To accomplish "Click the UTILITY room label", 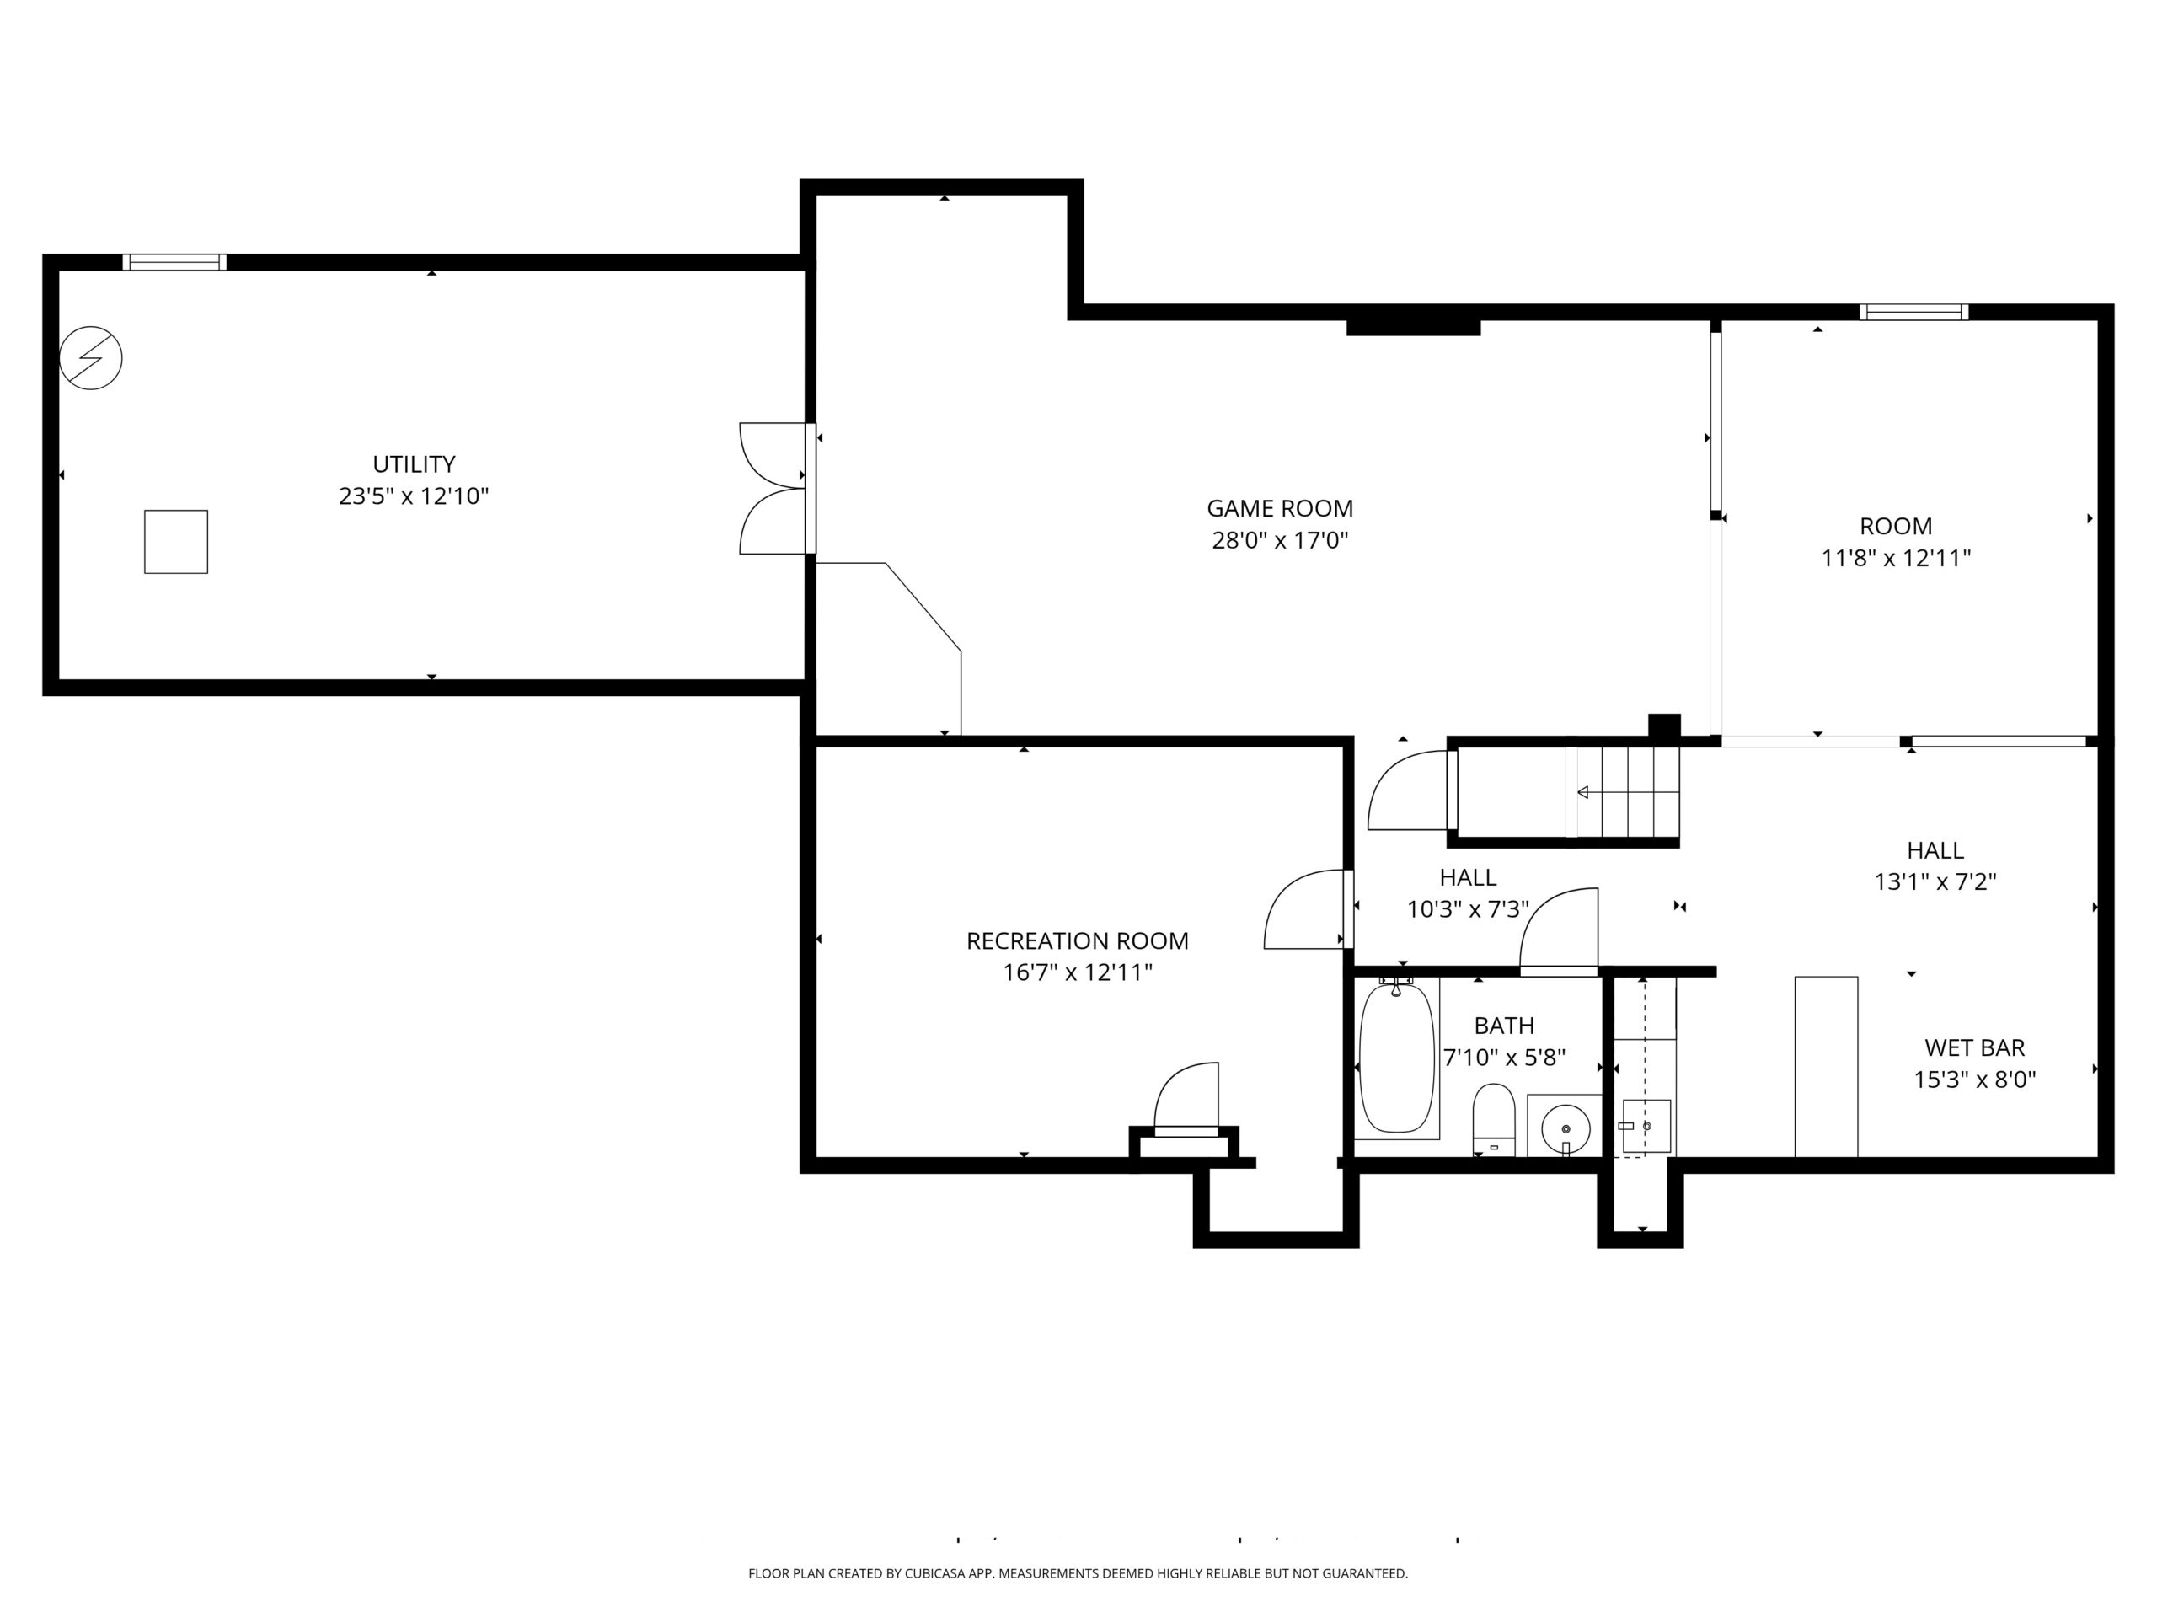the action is [414, 464].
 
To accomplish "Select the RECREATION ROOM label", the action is [1078, 941].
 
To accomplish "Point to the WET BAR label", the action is [1975, 1048].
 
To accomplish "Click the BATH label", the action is [1504, 1026].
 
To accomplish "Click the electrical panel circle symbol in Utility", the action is [91, 358].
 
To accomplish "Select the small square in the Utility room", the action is [176, 541].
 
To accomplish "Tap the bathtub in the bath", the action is [1396, 1058].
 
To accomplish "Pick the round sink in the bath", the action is [1566, 1129].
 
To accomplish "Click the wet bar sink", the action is [1646, 1127].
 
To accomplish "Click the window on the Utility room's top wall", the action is [174, 262].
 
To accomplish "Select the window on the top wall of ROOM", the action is [1913, 312].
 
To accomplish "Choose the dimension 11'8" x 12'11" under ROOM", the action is [1896, 559].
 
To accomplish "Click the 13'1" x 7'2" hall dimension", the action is [1935, 881].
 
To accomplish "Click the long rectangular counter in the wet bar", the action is [1827, 1067].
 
